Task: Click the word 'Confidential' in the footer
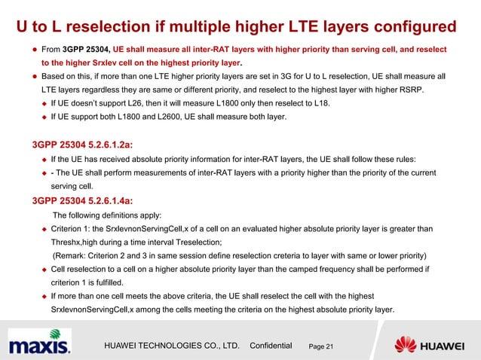click(x=270, y=345)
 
